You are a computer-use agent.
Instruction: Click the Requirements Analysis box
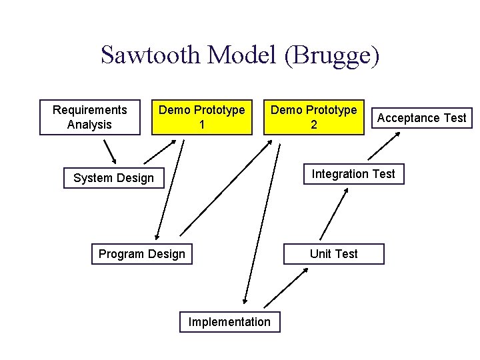(x=90, y=117)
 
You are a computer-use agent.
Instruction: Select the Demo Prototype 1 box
(x=201, y=117)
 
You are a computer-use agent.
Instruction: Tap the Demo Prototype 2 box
(x=314, y=117)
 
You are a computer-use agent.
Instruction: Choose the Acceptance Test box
(x=421, y=118)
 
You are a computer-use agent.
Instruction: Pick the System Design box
(x=113, y=178)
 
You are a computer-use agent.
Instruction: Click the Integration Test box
(x=353, y=174)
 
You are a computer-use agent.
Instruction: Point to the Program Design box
(x=142, y=254)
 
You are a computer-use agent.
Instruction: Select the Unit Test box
(x=333, y=254)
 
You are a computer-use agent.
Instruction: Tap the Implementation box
(x=230, y=322)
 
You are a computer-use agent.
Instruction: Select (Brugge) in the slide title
(x=331, y=55)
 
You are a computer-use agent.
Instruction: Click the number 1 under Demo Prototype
(x=201, y=125)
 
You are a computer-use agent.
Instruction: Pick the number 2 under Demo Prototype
(x=314, y=125)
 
